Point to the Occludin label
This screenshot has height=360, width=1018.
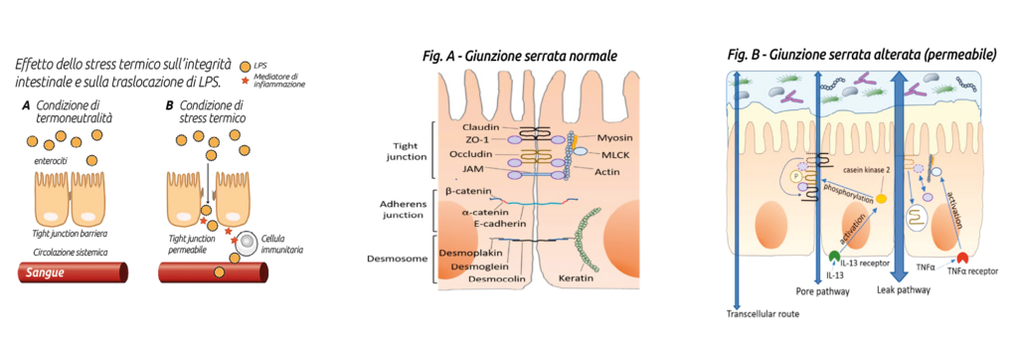click(485, 156)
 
